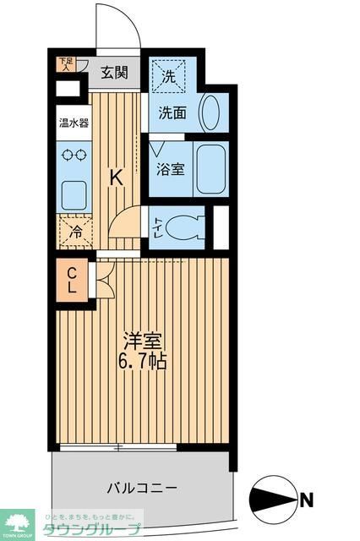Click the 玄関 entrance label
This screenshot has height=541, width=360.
(115, 73)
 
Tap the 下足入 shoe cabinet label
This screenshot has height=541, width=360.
(64, 64)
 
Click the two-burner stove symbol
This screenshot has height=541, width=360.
(74, 156)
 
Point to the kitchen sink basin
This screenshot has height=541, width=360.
(74, 194)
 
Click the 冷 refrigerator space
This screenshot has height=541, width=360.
(74, 230)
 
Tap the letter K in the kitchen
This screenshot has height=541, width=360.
(118, 178)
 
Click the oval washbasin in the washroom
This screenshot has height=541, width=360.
(210, 112)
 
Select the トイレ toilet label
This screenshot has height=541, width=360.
(157, 227)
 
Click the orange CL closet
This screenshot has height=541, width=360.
(73, 280)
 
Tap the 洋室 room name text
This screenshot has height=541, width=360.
(142, 342)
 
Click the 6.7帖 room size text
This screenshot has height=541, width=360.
(142, 363)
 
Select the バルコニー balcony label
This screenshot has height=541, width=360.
(142, 488)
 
